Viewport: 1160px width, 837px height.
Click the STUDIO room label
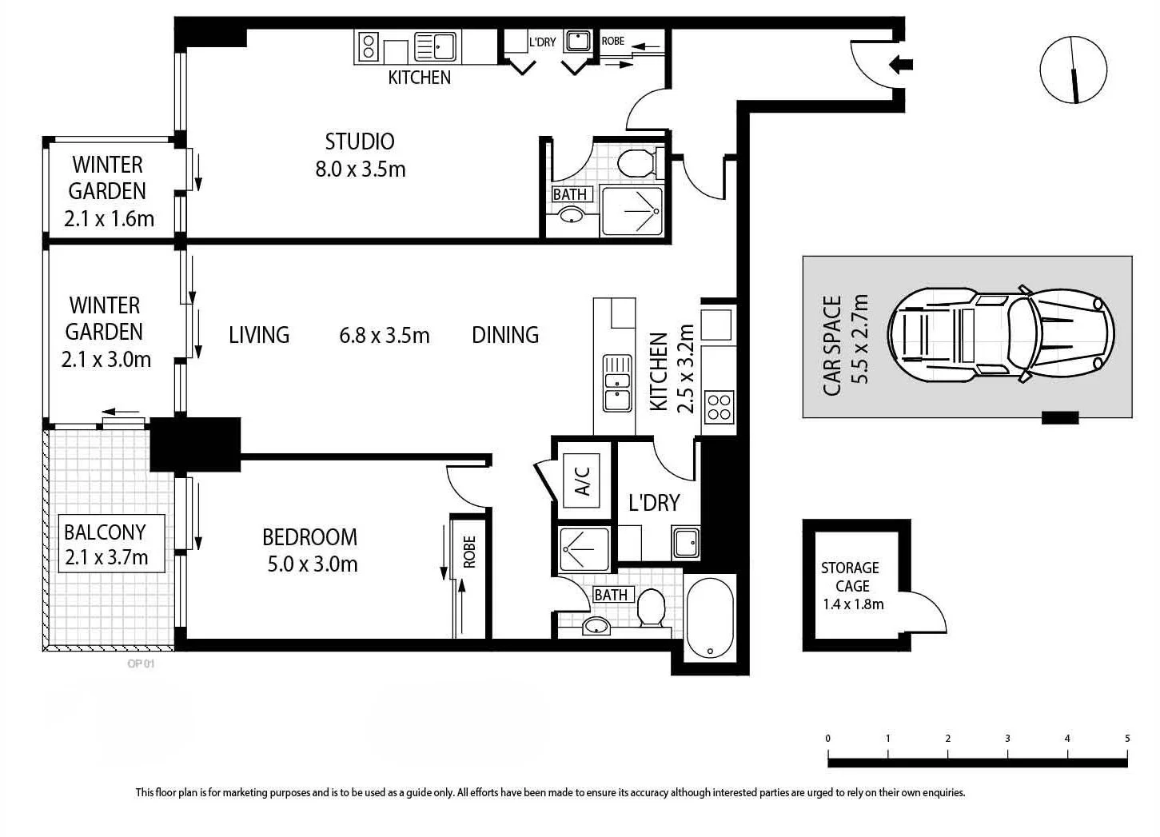pyautogui.click(x=360, y=142)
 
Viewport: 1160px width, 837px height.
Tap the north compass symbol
pyautogui.click(x=1074, y=70)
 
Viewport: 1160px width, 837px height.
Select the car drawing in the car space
pyautogui.click(x=1001, y=335)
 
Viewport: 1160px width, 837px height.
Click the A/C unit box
pyautogui.click(x=581, y=480)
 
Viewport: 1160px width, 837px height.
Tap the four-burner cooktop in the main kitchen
pyautogui.click(x=719, y=407)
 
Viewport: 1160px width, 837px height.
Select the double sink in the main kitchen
pyautogui.click(x=616, y=383)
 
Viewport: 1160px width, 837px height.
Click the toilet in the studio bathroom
pyautogui.click(x=640, y=163)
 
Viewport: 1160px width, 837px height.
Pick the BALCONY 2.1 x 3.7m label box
pyautogui.click(x=111, y=544)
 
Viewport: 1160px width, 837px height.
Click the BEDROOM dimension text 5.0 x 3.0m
pyautogui.click(x=313, y=564)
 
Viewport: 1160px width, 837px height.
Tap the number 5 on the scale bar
pyautogui.click(x=1127, y=739)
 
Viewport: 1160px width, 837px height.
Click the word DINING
pyautogui.click(x=505, y=335)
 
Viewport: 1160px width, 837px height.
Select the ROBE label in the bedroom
pyautogui.click(x=469, y=552)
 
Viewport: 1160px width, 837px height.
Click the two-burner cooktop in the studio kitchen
pyautogui.click(x=369, y=46)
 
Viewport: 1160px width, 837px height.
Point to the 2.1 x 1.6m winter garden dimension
pyautogui.click(x=110, y=218)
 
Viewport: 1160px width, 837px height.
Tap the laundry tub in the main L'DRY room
pyautogui.click(x=686, y=542)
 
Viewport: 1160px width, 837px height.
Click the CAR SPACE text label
pyautogui.click(x=832, y=346)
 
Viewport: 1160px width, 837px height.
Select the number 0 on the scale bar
pyautogui.click(x=828, y=739)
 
